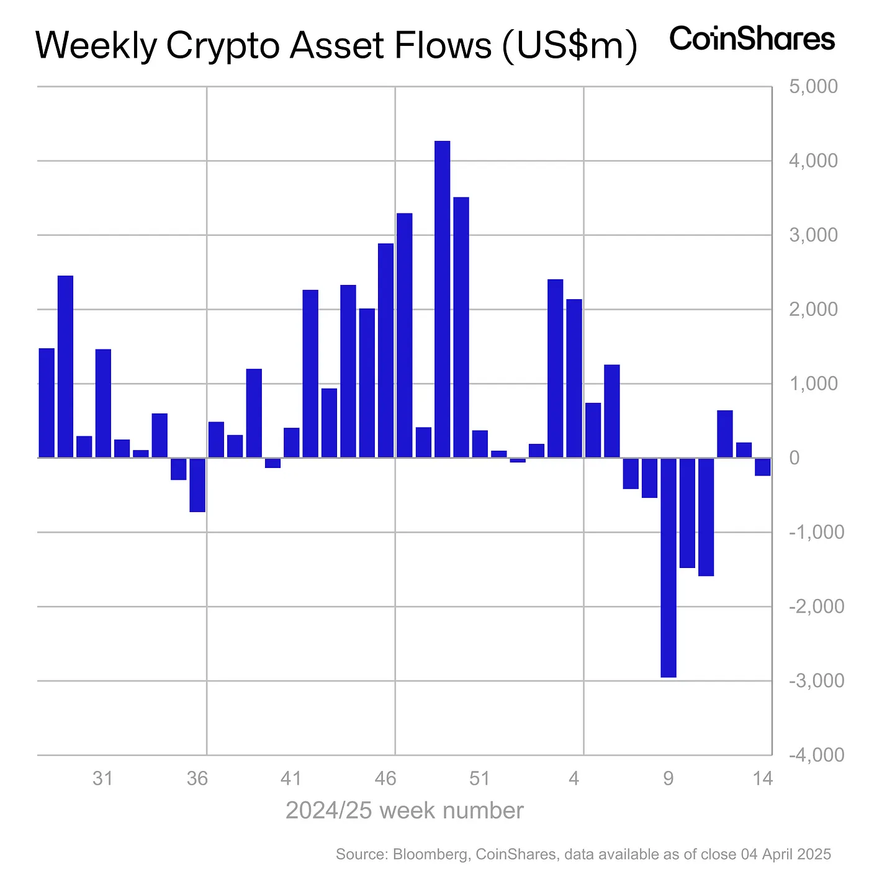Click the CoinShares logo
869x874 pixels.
[x=752, y=39]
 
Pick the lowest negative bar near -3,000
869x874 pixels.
[x=669, y=567]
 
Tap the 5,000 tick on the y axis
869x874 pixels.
[x=813, y=87]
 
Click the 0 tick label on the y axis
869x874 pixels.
[x=794, y=458]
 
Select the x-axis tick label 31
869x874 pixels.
[x=102, y=778]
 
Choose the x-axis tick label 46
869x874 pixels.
[x=385, y=778]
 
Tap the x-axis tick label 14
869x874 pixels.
[x=763, y=778]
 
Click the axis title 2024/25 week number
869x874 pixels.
[x=404, y=811]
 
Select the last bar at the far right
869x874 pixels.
[x=763, y=467]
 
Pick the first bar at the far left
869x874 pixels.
[x=47, y=403]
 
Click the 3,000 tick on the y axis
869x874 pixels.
[x=813, y=235]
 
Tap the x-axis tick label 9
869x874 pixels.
[x=669, y=778]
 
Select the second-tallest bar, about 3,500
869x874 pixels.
[x=461, y=327]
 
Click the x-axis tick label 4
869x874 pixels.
[x=574, y=778]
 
